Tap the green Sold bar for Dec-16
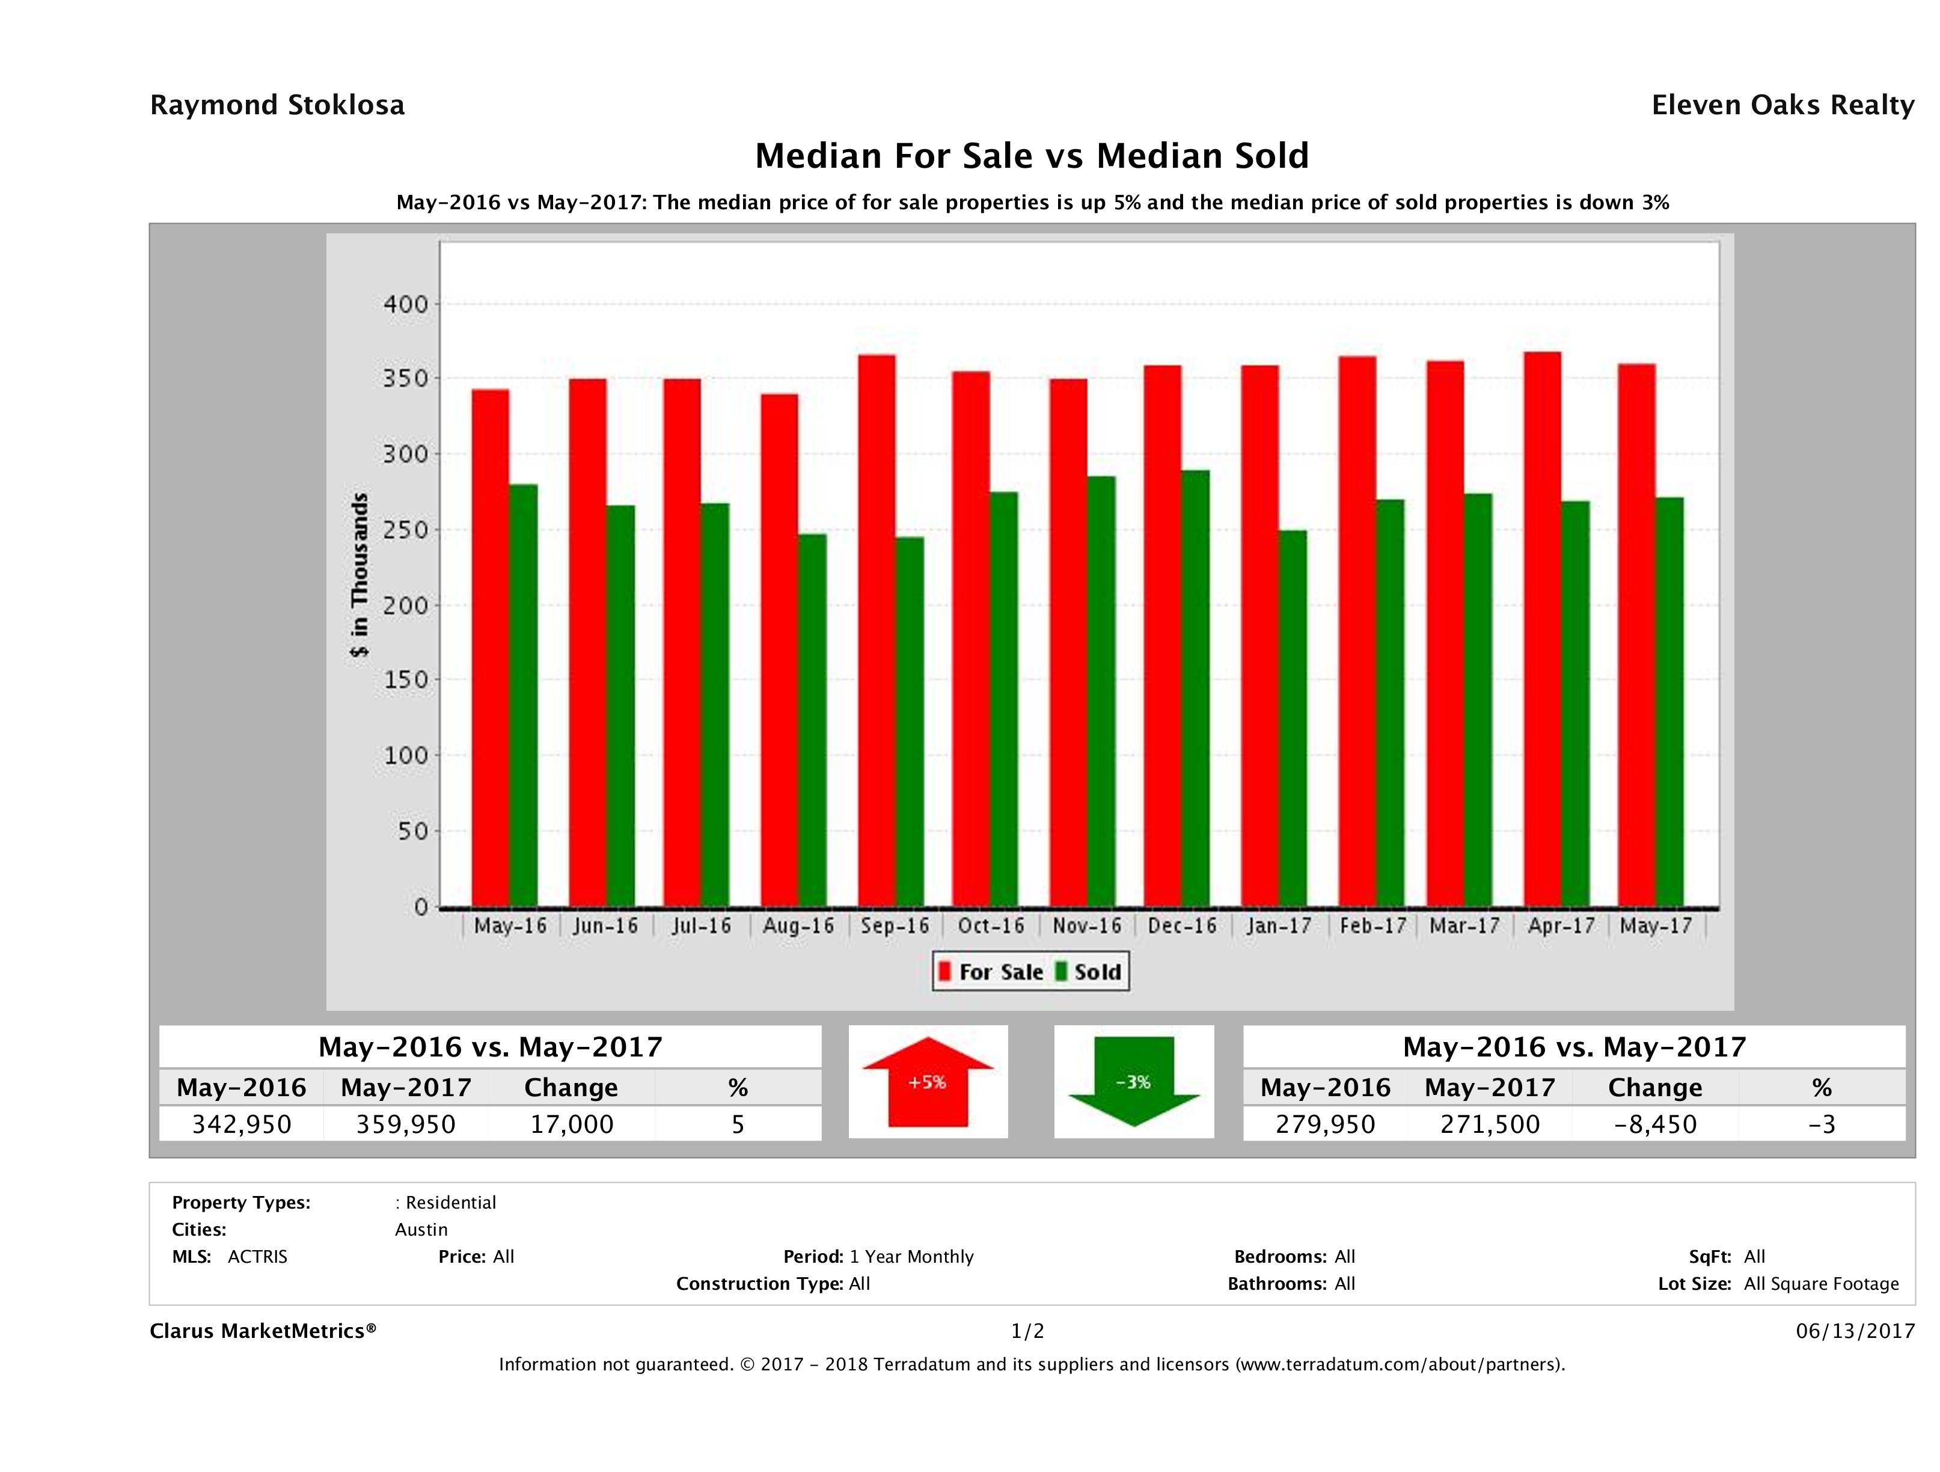[x=1195, y=688]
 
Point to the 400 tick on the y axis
[x=405, y=304]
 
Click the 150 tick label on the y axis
[x=405, y=680]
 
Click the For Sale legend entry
[x=991, y=972]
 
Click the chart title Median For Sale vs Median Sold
[x=1032, y=156]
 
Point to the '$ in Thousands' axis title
[x=360, y=575]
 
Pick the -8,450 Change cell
[x=1655, y=1124]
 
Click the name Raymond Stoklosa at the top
[x=277, y=105]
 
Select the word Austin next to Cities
[x=421, y=1230]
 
